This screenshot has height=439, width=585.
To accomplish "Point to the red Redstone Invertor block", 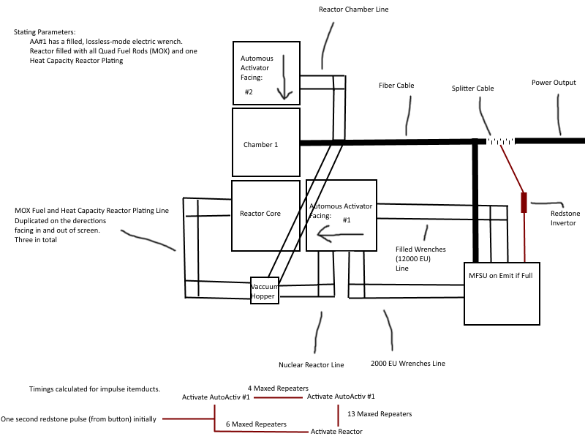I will (524, 202).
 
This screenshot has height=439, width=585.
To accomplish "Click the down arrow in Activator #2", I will (285, 80).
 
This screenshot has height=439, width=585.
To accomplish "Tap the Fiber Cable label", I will (396, 86).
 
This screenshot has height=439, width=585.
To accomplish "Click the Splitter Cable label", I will (472, 89).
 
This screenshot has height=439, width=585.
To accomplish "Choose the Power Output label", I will (554, 83).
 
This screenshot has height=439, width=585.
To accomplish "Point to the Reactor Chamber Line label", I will (354, 10).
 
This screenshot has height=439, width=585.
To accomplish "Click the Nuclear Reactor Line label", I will (311, 364).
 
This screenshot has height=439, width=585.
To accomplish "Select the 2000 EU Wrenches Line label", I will (407, 364).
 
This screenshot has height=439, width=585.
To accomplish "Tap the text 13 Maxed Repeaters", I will (380, 414).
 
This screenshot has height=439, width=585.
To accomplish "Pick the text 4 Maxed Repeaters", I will (278, 388).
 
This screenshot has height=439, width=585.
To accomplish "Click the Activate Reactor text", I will (336, 432).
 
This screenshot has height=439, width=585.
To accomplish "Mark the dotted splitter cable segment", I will (501, 140).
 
